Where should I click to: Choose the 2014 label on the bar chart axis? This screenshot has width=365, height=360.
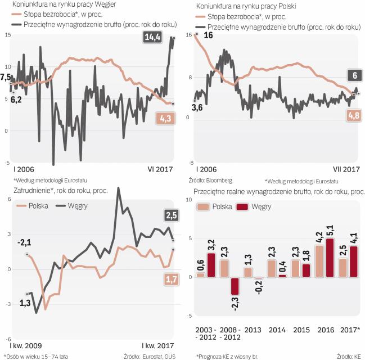pyautogui.click(x=276, y=329)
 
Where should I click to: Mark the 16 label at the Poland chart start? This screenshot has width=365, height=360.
pyautogui.click(x=208, y=35)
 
